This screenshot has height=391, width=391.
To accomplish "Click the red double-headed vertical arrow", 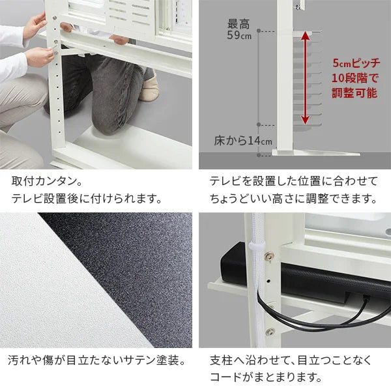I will tap(304, 78).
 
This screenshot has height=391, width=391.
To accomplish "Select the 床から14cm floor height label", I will tap(243, 141).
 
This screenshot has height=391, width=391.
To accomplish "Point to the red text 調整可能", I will tap(354, 93).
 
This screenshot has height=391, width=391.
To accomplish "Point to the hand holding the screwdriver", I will tap(39, 55).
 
